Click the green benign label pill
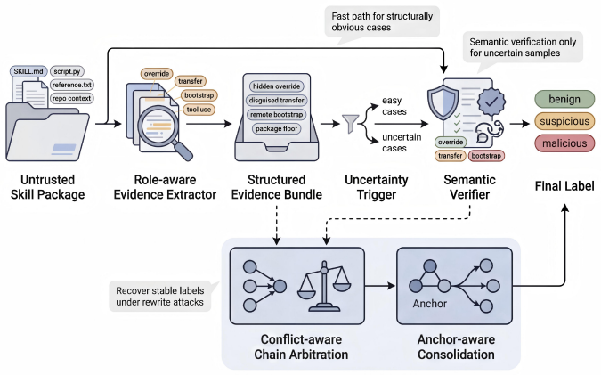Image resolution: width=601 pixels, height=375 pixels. click(x=564, y=99)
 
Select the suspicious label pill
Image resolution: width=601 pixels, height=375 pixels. click(x=564, y=121)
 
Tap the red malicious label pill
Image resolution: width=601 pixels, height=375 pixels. click(x=564, y=143)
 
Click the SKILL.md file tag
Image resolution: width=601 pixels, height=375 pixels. click(x=28, y=71)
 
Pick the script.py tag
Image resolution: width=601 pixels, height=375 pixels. click(x=67, y=71)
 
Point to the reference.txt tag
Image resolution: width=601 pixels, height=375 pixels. click(x=72, y=85)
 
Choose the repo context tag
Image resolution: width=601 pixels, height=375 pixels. click(x=72, y=98)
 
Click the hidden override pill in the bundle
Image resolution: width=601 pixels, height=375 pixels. click(x=276, y=86)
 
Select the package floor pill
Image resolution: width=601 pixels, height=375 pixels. click(x=276, y=128)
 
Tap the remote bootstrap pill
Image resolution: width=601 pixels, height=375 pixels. click(x=276, y=114)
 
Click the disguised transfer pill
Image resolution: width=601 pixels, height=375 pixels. click(x=276, y=100)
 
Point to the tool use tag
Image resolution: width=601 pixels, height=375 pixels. click(x=199, y=110)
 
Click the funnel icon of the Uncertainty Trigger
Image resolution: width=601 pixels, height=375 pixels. click(x=350, y=124)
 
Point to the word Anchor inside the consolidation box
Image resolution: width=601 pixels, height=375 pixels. click(x=430, y=304)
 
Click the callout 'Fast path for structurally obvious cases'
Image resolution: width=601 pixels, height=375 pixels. click(x=382, y=22)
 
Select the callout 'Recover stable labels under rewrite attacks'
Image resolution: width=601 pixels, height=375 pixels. click(x=160, y=297)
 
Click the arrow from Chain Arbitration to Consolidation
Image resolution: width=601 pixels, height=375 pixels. click(x=380, y=286)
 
